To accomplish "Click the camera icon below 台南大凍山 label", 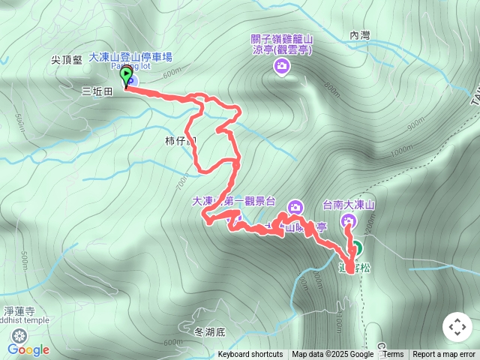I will point(348,220).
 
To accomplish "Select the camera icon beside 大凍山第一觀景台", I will point(295,207).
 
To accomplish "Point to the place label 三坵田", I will point(97,91).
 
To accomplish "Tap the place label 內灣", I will point(361,35).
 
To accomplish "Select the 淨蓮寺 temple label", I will point(19,310).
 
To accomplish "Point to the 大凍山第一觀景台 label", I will point(235,202).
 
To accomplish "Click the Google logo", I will point(28,349).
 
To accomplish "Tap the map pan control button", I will point(456,327).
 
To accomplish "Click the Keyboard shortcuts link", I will point(250,355).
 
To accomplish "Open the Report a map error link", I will point(444,355).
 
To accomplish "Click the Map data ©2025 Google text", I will point(332,355).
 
